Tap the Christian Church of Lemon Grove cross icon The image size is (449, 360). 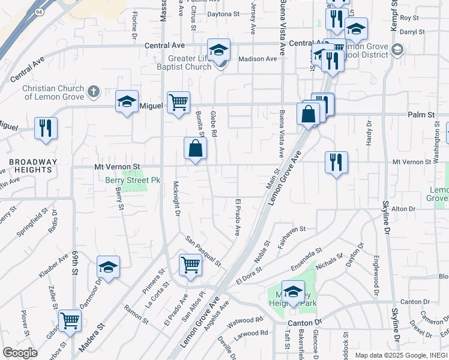pos(92,92)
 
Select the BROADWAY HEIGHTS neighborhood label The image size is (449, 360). pos(32,166)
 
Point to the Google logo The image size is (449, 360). pos(20,353)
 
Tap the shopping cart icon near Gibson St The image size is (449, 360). pos(70,320)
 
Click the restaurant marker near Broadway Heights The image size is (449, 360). pos(46,128)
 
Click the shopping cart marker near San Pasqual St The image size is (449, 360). pos(190,264)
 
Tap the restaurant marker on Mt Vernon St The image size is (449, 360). pos(336,162)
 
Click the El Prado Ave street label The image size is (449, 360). pos(238,217)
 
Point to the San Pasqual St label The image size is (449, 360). pos(203,251)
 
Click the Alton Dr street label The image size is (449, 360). pos(403,209)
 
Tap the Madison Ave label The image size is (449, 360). pos(258,59)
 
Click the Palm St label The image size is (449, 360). pos(421,115)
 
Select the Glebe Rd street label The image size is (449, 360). pos(213,124)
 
